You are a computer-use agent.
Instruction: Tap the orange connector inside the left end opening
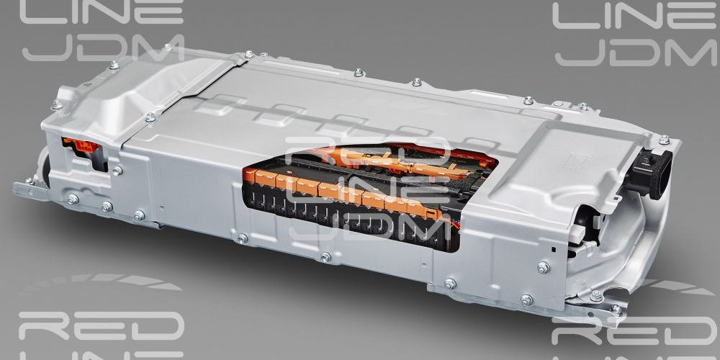tap(83, 146)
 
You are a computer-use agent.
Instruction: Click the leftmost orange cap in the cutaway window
tap(251, 174)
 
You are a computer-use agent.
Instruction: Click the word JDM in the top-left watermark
tap(103, 48)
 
